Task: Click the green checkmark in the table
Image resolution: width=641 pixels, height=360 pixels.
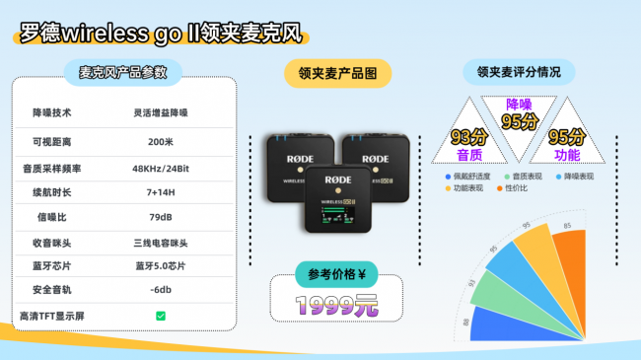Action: coord(160,315)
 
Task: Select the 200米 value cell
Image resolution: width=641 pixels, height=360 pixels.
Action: coord(160,140)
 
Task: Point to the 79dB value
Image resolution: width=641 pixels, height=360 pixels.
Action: coord(160,216)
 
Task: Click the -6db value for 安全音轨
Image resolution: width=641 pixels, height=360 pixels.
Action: coord(160,290)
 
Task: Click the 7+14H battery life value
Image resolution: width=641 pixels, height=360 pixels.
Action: coord(160,190)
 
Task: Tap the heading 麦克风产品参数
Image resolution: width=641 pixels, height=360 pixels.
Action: coord(123,72)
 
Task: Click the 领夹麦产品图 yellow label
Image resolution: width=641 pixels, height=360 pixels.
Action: coord(337,73)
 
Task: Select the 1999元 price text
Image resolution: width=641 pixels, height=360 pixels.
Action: coord(338,305)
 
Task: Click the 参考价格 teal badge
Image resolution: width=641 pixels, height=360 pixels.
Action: coord(336,275)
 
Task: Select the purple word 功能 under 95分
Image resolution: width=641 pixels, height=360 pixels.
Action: coord(567,155)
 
